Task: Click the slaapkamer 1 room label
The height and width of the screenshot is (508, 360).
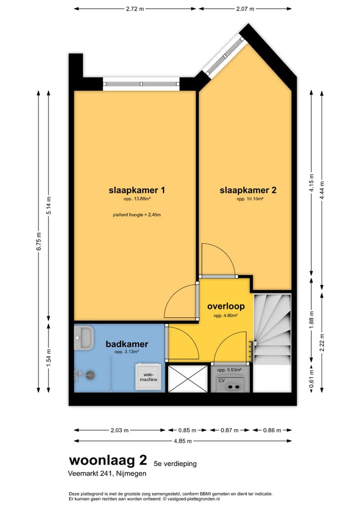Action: coord(136,190)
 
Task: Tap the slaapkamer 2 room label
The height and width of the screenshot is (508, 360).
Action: coord(248,190)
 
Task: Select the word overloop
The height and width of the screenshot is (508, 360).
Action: coord(226,306)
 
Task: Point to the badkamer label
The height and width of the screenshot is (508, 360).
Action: coord(127,344)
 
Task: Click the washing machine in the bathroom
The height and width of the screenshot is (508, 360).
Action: coord(148,377)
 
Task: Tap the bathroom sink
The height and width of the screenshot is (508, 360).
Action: coord(83,338)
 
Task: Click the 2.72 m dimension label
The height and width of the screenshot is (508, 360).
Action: coord(135,9)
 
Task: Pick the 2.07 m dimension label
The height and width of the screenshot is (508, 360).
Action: coord(245,9)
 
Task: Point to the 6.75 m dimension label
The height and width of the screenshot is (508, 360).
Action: coord(39,241)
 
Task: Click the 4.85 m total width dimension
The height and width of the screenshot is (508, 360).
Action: coord(182,441)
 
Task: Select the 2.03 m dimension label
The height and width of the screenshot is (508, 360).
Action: coord(119,430)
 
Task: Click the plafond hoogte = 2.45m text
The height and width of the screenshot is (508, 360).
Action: coord(137,214)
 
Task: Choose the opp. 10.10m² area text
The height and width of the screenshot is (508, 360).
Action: coord(249,199)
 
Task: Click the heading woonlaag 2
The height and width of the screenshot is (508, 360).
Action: coord(108,460)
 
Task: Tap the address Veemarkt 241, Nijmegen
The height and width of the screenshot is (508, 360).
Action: coord(107,474)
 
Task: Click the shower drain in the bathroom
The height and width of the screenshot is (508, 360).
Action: coord(90,375)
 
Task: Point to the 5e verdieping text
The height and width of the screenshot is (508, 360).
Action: coord(175,464)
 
